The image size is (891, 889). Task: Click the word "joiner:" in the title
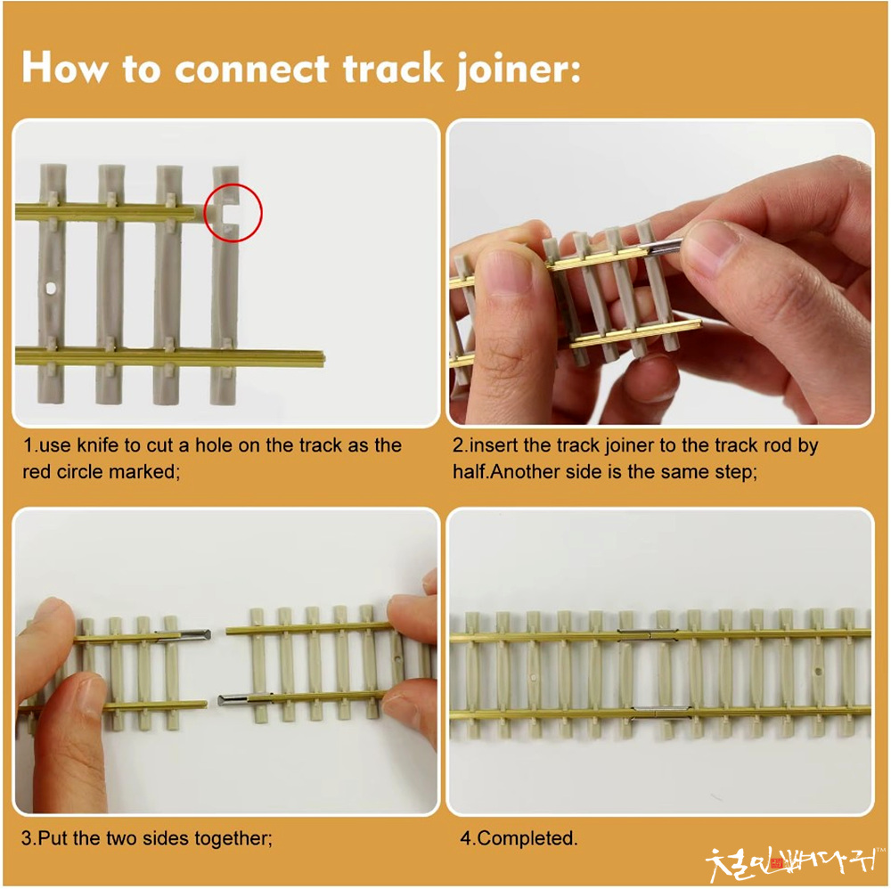pyautogui.click(x=519, y=69)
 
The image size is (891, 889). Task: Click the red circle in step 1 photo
pyautogui.click(x=233, y=212)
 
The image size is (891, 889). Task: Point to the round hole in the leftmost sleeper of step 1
pyautogui.click(x=51, y=289)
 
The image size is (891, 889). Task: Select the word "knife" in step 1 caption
pyautogui.click(x=97, y=444)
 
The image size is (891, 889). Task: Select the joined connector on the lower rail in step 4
pyautogui.click(x=661, y=711)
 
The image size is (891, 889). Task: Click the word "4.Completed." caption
pyautogui.click(x=519, y=838)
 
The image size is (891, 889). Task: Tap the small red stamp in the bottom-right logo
pyautogui.click(x=777, y=863)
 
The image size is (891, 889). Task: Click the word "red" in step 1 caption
pyautogui.click(x=37, y=471)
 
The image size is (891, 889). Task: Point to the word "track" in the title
pyautogui.click(x=393, y=69)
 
